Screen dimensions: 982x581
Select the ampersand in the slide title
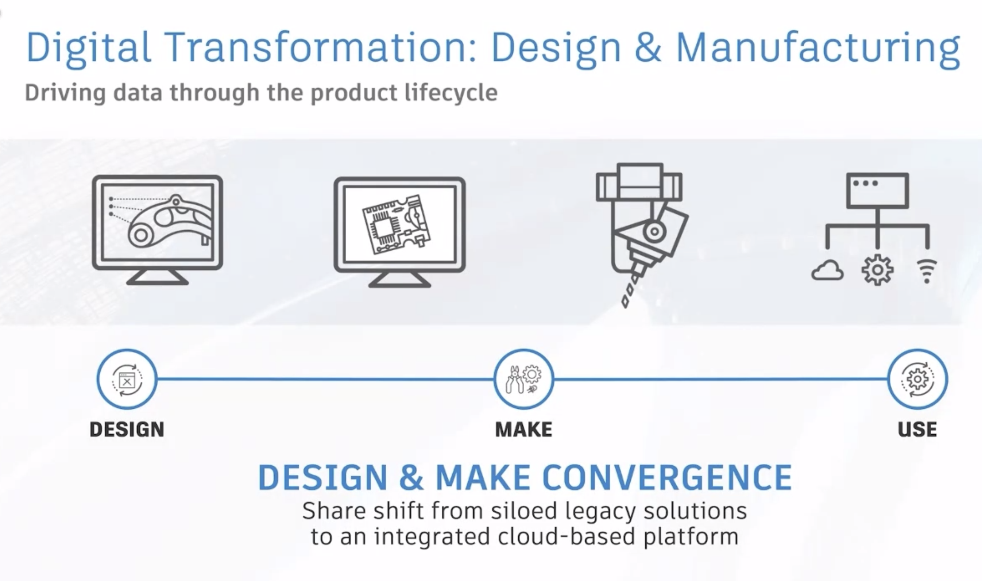pyautogui.click(x=648, y=47)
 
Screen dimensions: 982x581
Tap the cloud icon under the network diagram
pyautogui.click(x=827, y=270)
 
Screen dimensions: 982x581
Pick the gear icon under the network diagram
pyautogui.click(x=877, y=270)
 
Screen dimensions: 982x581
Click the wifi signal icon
pyautogui.click(x=927, y=271)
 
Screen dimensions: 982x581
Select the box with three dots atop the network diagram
pyautogui.click(x=878, y=191)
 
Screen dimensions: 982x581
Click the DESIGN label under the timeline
pyautogui.click(x=127, y=430)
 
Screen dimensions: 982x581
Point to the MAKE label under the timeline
pyautogui.click(x=523, y=430)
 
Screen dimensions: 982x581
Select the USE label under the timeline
pyautogui.click(x=917, y=430)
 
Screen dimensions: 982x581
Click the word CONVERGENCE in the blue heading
pyautogui.click(x=668, y=477)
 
